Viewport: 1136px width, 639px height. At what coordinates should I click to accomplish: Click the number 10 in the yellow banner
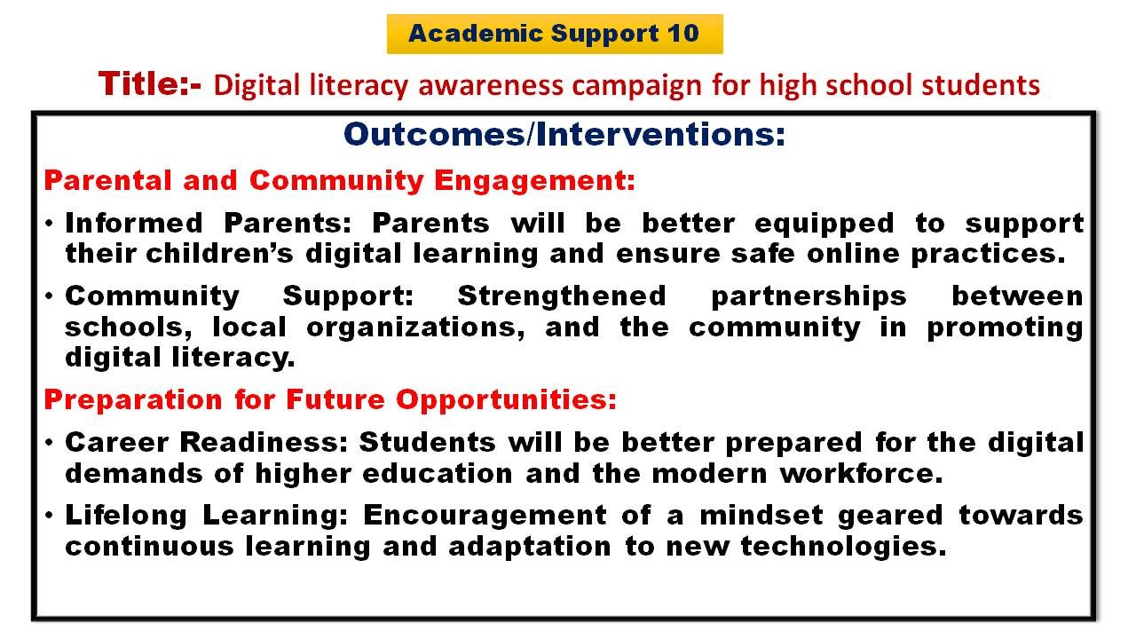coord(682,34)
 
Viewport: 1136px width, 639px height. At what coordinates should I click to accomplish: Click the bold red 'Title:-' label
coord(150,83)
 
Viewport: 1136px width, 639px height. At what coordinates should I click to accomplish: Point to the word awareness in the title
coord(491,85)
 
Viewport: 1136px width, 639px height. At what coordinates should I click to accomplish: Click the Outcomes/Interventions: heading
coord(564,134)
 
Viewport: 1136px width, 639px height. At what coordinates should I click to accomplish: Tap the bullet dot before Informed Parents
coord(49,223)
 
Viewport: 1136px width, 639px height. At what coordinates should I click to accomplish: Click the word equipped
coord(824,225)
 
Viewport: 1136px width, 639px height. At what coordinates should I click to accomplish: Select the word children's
coord(219,253)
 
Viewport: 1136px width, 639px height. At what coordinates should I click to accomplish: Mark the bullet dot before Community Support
coord(49,296)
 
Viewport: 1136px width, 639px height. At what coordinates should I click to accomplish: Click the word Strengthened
coord(562,296)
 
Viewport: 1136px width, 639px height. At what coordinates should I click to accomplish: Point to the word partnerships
coord(809,297)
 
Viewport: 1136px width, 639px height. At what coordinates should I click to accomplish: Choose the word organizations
coord(415,327)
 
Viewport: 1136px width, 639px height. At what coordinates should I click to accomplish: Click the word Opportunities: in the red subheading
coord(506,400)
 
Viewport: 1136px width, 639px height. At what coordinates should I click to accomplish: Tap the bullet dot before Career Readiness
coord(49,443)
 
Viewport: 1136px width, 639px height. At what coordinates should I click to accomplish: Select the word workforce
coord(861,473)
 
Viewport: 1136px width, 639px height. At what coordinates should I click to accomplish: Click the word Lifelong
coord(126,517)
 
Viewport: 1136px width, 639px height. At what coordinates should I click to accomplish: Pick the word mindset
coord(761,516)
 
